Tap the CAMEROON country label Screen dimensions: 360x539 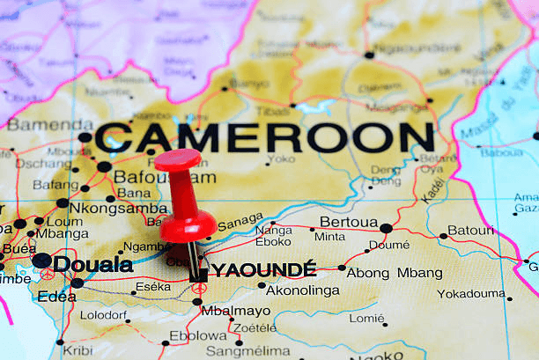click(x=264, y=138)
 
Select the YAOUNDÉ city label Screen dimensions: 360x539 click(x=262, y=269)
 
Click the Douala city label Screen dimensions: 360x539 click(x=92, y=264)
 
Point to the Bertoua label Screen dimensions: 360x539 click(x=348, y=223)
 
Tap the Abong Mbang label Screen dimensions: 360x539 click(x=394, y=273)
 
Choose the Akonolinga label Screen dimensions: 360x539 click(x=302, y=290)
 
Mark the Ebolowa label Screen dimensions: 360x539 click(x=197, y=335)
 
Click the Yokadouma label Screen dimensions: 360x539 click(x=471, y=294)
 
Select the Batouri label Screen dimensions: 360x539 click(x=471, y=231)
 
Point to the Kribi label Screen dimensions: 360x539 click(x=78, y=350)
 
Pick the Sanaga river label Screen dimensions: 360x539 click(x=240, y=219)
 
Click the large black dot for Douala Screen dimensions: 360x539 click(x=41, y=261)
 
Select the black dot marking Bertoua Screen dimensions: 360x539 click(x=386, y=229)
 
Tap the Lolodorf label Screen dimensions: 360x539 click(x=104, y=314)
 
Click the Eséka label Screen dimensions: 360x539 click(x=153, y=287)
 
